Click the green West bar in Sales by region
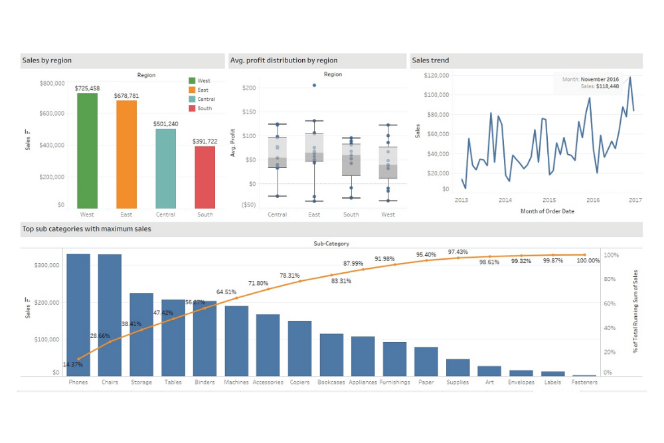coord(87,150)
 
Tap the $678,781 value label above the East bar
coord(126,96)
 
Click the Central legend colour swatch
coord(192,99)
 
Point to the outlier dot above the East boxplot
coord(314,86)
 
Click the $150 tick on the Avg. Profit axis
coord(250,112)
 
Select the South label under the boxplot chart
coord(351,215)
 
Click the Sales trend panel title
coord(430,60)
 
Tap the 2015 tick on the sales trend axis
coord(549,200)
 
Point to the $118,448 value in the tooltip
coord(607,86)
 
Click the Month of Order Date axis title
coord(548,211)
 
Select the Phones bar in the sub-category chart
coord(78,315)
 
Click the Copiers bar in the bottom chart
coord(299,349)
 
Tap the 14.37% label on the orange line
coord(73,365)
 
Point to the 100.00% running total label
coord(588,261)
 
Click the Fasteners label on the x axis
coord(584,383)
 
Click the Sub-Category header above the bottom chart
coord(331,244)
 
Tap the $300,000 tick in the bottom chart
coord(46,265)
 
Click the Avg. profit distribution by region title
coord(284,60)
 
